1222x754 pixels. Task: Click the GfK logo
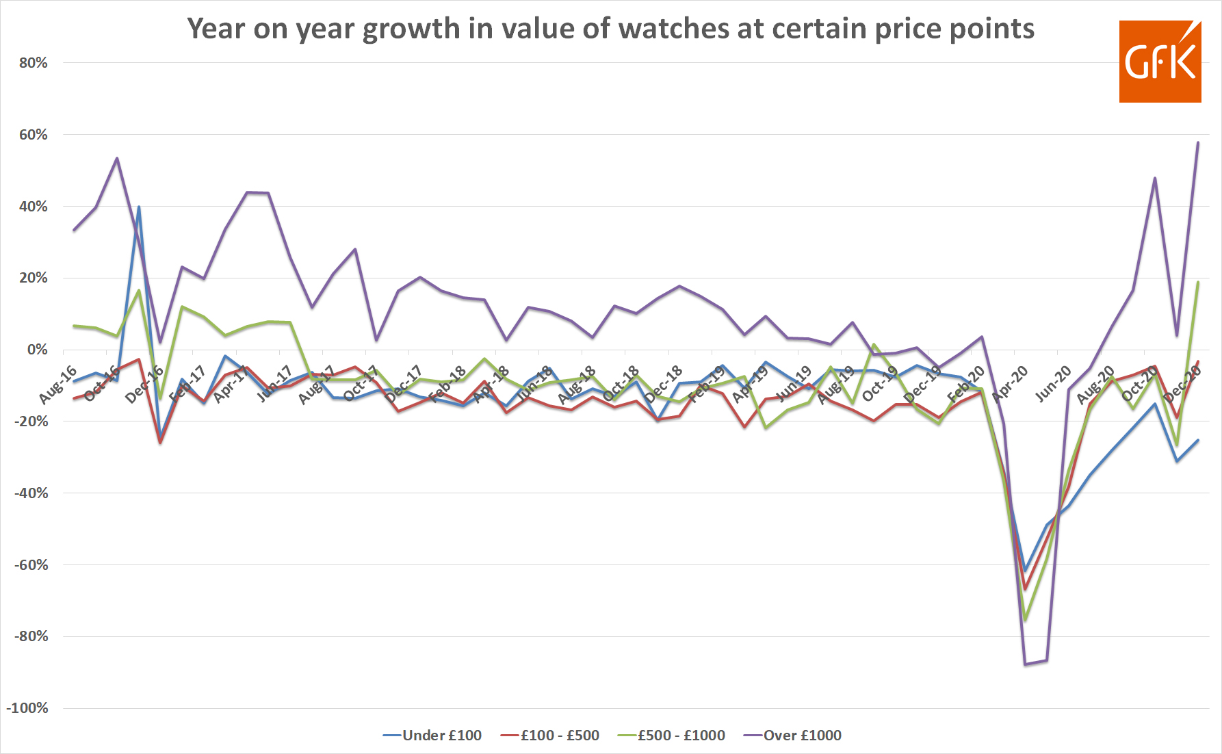[1160, 62]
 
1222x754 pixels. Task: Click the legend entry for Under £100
[441, 736]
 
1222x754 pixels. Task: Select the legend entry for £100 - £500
[559, 736]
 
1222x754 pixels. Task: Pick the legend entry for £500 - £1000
[681, 736]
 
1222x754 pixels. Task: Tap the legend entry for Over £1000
[802, 736]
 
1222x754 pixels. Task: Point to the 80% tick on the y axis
[33, 63]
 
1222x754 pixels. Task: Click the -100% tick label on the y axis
[27, 708]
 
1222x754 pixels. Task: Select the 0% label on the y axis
[37, 350]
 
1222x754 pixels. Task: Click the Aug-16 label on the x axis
[58, 385]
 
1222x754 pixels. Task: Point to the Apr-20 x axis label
[1010, 383]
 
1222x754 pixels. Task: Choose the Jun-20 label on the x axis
[1053, 383]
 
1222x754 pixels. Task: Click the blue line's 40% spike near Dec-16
[139, 207]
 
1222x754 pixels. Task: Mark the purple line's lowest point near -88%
[1025, 664]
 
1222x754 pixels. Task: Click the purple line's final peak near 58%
[1197, 142]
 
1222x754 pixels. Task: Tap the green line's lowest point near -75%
[1025, 620]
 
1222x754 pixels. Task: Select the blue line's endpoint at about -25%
[1197, 440]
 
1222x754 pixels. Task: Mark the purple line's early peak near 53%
[117, 158]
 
